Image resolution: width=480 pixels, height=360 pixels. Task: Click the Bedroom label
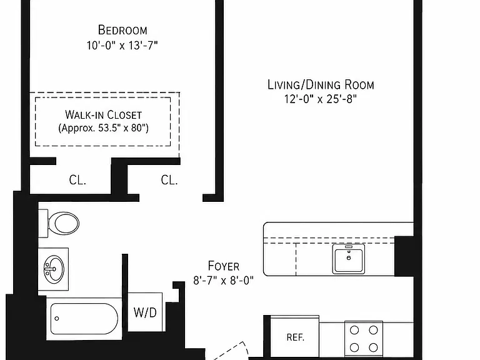(x=122, y=30)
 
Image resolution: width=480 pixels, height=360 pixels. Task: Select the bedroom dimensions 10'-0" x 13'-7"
(x=122, y=46)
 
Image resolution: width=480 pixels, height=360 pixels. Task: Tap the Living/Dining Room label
(x=321, y=85)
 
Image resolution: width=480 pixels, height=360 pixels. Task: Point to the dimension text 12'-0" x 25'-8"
(x=321, y=99)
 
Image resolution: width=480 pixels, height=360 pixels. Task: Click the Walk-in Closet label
(x=104, y=115)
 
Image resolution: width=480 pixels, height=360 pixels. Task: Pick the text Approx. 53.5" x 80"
(x=104, y=127)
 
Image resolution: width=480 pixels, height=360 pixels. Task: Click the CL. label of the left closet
(x=77, y=180)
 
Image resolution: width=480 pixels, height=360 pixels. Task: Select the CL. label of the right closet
(x=169, y=180)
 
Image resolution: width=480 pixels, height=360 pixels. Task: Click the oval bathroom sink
(x=54, y=269)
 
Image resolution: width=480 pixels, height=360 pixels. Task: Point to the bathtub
(x=84, y=319)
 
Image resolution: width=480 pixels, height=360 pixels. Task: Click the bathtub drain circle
(x=57, y=319)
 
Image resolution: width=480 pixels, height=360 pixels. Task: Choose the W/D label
(x=145, y=312)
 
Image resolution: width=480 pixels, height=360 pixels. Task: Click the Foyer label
(x=224, y=266)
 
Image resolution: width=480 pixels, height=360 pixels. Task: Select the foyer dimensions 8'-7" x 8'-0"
(x=224, y=281)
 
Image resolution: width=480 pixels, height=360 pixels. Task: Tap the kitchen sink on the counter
(x=349, y=259)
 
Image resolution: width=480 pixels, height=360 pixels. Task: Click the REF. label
(x=296, y=337)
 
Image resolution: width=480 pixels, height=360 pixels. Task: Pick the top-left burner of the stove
(x=354, y=330)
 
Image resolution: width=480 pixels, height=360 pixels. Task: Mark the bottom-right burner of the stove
(x=373, y=347)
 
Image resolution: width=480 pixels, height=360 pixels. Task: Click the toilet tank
(x=43, y=223)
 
